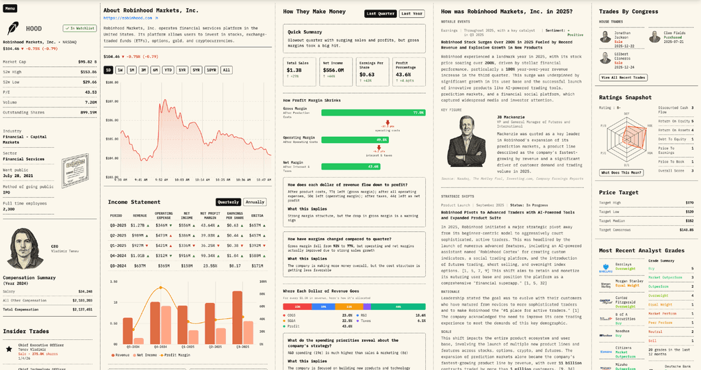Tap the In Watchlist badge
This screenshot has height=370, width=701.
point(79,28)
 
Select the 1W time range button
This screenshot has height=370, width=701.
point(120,70)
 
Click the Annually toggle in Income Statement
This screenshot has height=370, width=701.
point(255,202)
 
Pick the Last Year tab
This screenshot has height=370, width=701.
point(411,13)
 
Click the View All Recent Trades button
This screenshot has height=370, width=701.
point(623,77)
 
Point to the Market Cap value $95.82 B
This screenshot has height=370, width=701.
point(86,62)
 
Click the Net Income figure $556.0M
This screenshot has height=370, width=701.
point(333,70)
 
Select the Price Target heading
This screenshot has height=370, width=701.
point(619,193)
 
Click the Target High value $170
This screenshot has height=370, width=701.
point(689,202)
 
